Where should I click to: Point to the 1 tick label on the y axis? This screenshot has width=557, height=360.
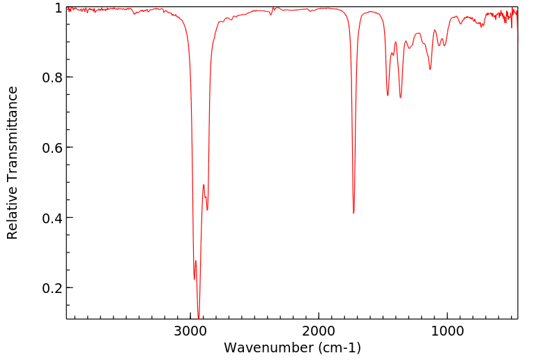tap(59, 8)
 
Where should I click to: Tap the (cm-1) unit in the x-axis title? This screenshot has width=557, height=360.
tap(338, 347)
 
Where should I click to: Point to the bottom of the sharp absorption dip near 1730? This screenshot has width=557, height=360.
tap(353, 213)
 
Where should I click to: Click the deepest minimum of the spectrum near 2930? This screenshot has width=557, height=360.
tap(199, 317)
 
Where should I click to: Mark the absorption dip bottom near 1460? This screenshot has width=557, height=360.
tap(388, 96)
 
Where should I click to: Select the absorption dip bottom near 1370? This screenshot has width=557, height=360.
tap(400, 98)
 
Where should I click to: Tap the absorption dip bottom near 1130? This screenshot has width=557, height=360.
tap(430, 69)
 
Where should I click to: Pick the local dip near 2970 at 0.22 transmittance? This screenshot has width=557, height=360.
tap(194, 280)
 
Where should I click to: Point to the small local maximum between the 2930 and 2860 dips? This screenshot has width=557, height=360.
tap(204, 185)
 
